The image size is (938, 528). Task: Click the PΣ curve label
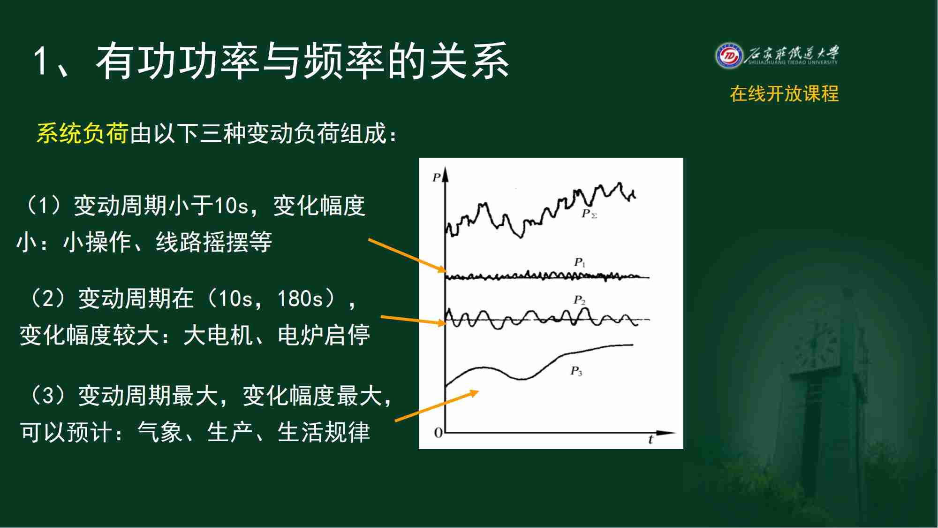pyautogui.click(x=589, y=214)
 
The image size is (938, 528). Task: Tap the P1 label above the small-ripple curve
pyautogui.click(x=580, y=262)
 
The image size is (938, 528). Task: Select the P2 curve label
pyautogui.click(x=580, y=300)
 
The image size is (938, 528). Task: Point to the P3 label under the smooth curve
pyautogui.click(x=576, y=371)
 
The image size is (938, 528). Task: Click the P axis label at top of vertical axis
pyautogui.click(x=437, y=177)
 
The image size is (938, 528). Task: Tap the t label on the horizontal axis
pyautogui.click(x=651, y=440)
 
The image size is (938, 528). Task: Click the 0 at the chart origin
pyautogui.click(x=438, y=433)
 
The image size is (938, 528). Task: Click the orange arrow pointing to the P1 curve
pyautogui.click(x=407, y=256)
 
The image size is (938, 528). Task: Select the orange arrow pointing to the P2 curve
pyautogui.click(x=413, y=321)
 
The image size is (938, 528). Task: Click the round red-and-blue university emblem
pyautogui.click(x=729, y=56)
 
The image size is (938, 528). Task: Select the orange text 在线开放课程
pyautogui.click(x=784, y=94)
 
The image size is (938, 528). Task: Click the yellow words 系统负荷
pyautogui.click(x=83, y=133)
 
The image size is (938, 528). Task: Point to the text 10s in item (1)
pyautogui.click(x=231, y=206)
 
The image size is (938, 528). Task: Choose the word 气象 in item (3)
pyautogui.click(x=159, y=432)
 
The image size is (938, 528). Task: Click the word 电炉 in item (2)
pyautogui.click(x=301, y=335)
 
